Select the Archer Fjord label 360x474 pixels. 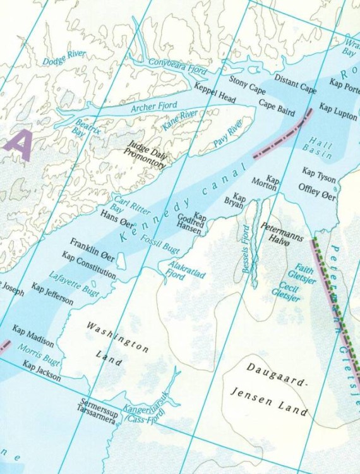[x=154, y=107]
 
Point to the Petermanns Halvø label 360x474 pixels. [x=282, y=231]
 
